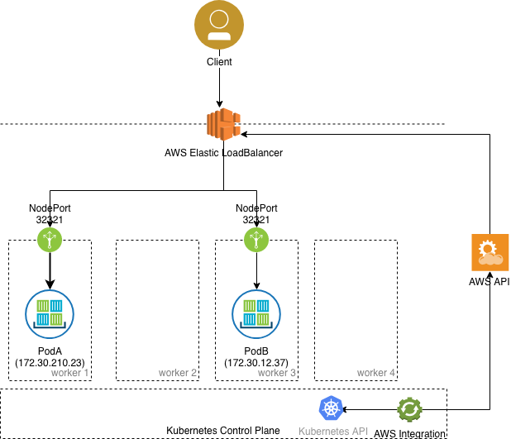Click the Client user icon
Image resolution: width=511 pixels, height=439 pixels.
pos(218,26)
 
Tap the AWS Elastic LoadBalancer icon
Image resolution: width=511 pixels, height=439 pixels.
pos(222,125)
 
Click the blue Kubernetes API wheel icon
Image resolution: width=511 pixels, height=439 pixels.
pos(331,408)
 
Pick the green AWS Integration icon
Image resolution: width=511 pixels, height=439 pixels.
pos(409,409)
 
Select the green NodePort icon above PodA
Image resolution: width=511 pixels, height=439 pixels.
pos(50,240)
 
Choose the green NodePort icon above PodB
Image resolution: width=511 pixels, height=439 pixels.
pos(255,240)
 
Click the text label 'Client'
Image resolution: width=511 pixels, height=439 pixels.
pos(219,62)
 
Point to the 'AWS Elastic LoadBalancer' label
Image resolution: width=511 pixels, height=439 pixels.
pos(222,153)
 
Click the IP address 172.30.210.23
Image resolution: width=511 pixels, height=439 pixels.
pos(50,363)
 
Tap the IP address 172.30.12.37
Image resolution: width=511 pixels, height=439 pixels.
pos(255,363)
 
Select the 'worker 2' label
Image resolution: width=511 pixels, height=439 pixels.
pos(178,373)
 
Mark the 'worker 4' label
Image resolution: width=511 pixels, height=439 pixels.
pos(376,373)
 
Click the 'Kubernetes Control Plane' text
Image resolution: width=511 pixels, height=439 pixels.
pos(222,431)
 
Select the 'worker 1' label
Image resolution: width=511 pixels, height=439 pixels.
pos(70,373)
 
